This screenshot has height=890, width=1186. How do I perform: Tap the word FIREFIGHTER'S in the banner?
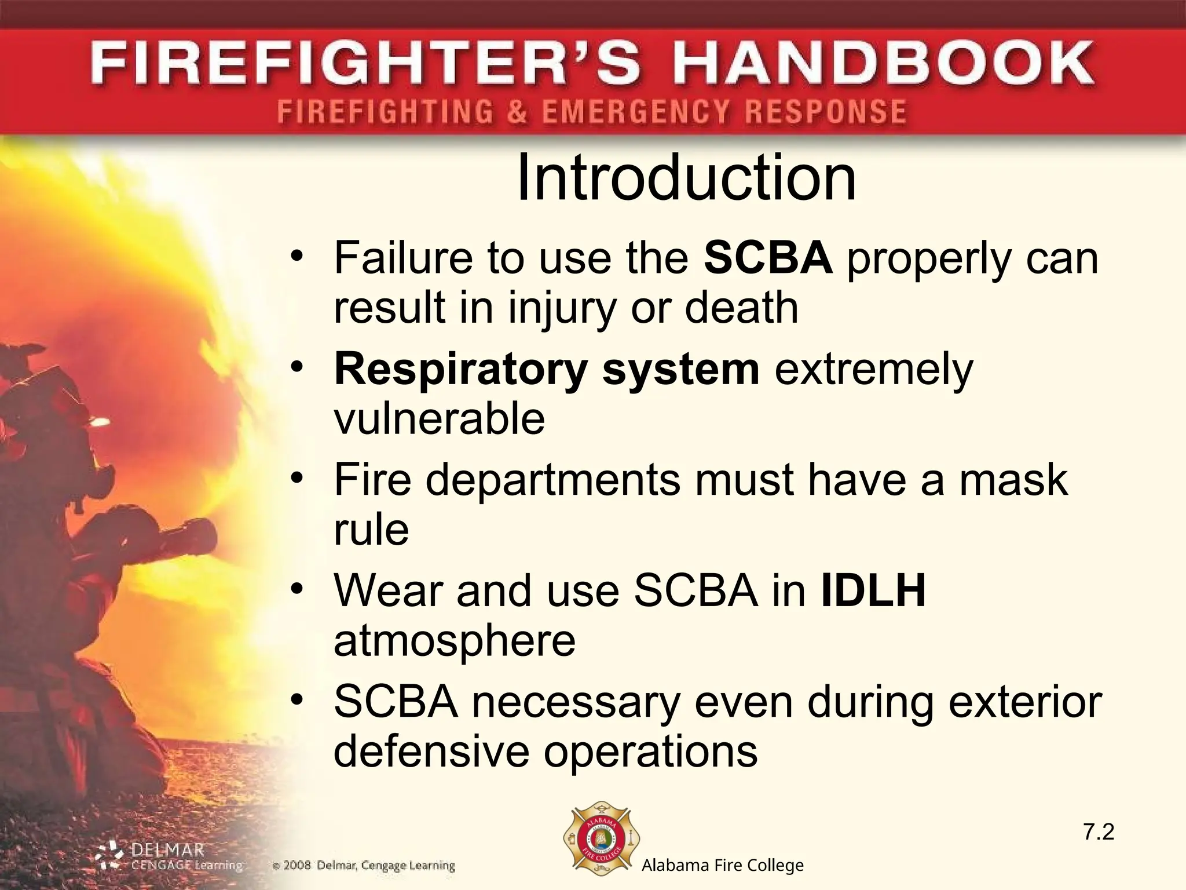coord(365,62)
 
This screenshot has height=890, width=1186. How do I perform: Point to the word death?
coord(741,307)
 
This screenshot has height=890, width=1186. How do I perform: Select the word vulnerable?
coord(439,418)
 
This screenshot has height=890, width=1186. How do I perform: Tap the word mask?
coord(1013,480)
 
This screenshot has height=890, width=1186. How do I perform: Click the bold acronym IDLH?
coord(873,590)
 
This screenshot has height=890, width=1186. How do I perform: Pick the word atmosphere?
coord(455,641)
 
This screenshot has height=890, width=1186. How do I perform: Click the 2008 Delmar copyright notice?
coord(364,866)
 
